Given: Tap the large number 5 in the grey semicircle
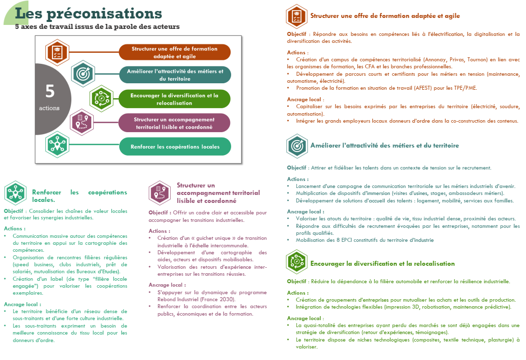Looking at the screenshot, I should click(50, 91).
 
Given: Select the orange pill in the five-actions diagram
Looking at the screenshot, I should click(175, 52).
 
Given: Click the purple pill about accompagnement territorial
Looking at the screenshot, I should click(175, 123).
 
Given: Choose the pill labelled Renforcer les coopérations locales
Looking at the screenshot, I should click(175, 147).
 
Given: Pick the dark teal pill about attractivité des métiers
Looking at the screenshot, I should click(175, 75).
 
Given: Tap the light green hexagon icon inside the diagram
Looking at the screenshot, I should click(101, 98).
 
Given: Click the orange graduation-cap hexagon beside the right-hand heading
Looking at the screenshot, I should click(297, 16).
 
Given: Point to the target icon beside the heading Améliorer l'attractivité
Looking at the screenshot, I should click(297, 146).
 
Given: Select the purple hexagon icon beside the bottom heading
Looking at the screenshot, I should click(160, 193).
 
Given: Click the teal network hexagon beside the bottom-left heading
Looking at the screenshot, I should click(15, 193).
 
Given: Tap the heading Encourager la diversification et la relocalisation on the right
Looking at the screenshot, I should click(382, 263).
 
